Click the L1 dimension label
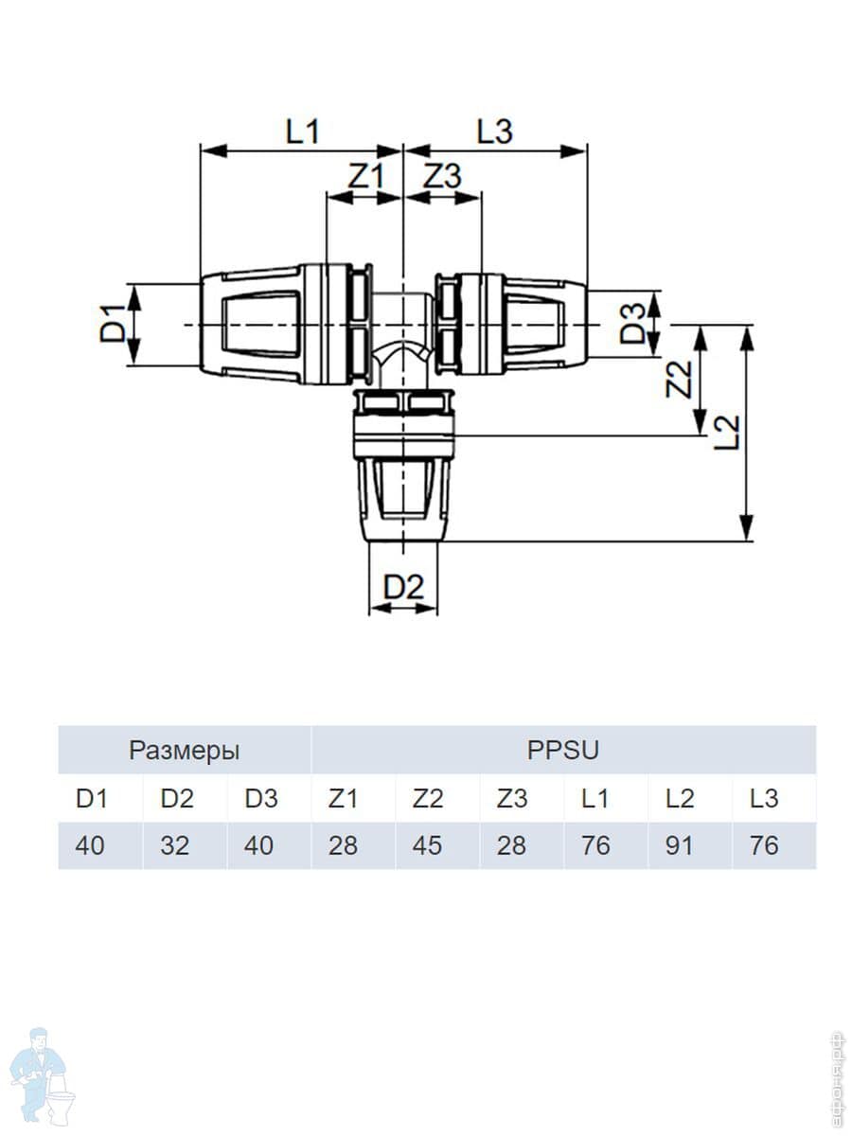tap(303, 132)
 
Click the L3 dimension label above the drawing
tap(494, 132)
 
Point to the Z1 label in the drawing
tap(365, 176)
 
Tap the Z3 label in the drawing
tap(442, 176)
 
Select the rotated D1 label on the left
tap(113, 325)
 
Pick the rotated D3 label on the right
tap(633, 325)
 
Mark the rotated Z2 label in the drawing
tap(679, 380)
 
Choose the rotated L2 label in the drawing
tap(727, 432)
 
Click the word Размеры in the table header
tap(185, 751)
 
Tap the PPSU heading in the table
tap(563, 750)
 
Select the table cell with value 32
tap(175, 845)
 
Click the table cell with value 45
tap(428, 845)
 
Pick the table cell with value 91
tap(679, 845)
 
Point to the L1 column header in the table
tap(595, 799)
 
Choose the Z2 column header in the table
tap(428, 799)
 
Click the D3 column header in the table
tap(261, 799)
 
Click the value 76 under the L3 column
tap(764, 845)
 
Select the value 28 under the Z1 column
tap(343, 845)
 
